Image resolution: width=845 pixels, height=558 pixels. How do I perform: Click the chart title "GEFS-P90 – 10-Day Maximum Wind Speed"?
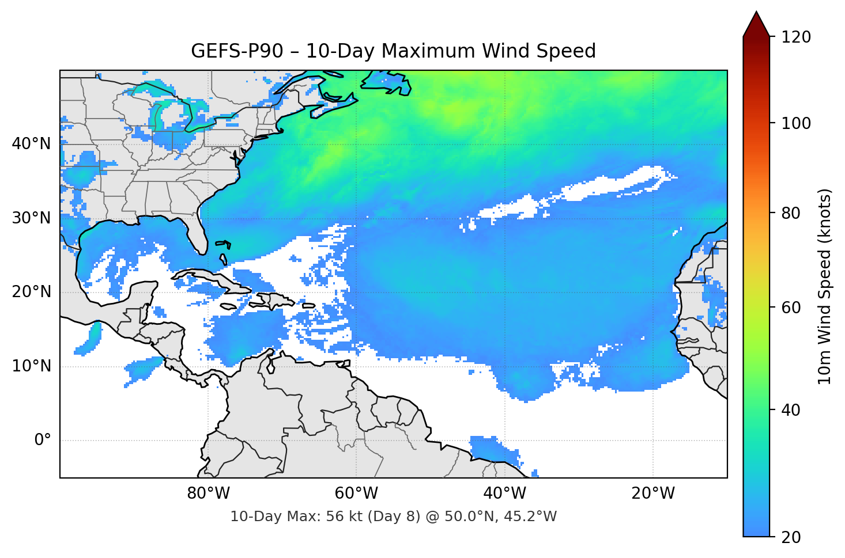coord(393,51)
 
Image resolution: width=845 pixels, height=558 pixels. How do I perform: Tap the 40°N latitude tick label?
coord(31,143)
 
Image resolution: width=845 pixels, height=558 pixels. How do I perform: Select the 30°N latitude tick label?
coord(31,218)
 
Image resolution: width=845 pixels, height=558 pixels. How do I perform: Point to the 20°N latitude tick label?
coord(31,292)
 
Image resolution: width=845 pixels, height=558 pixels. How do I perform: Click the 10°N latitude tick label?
coord(31,366)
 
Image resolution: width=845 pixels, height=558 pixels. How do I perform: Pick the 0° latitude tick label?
coord(42,441)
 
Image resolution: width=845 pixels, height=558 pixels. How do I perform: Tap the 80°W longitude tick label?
coord(208,494)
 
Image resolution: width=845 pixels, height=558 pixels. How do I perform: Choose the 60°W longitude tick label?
coord(356,494)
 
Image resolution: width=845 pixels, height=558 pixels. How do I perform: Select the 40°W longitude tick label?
coord(504,494)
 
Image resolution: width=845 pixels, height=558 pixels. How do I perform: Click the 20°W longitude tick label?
coord(652,494)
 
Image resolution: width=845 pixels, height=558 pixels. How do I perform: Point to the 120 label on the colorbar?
coord(796,37)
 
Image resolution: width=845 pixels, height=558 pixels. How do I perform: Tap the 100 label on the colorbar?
coord(796,123)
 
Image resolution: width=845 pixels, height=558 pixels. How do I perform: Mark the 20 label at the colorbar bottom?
coord(791,537)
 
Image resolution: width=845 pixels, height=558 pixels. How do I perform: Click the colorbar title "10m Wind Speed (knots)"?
coord(825,286)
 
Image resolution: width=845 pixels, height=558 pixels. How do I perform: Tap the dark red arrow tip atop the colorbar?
coord(756,23)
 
